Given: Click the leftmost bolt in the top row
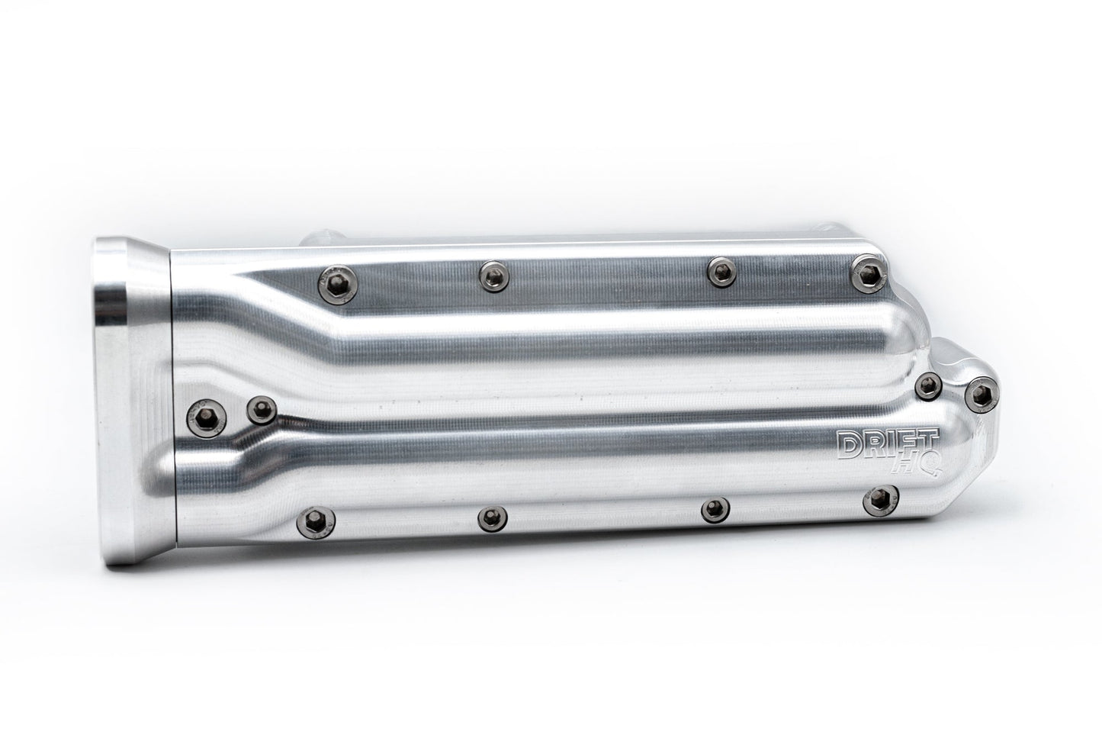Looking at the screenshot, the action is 338,284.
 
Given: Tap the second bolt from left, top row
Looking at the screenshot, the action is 493,276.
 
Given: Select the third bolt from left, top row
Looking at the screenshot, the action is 721,272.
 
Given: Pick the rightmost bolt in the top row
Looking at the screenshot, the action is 870,273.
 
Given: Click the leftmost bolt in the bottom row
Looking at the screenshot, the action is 316,521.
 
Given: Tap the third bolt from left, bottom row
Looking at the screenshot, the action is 715,510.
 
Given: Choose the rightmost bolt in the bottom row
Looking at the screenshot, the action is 881,500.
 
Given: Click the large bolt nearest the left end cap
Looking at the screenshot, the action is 207,418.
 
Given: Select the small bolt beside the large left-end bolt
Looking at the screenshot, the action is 262,410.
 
